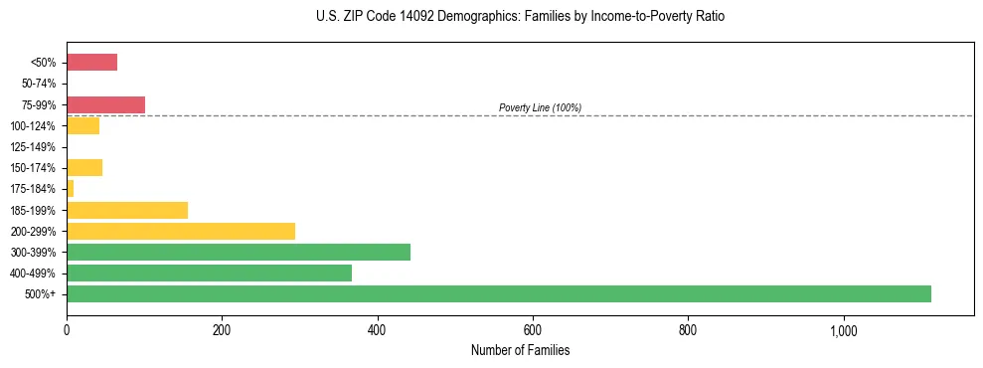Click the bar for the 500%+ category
click(498, 293)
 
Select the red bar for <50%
click(91, 63)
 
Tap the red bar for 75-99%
click(105, 104)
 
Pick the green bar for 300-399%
click(239, 252)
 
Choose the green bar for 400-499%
click(209, 273)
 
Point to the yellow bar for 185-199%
click(127, 210)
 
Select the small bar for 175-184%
click(71, 188)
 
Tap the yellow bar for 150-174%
click(84, 167)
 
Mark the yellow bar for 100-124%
click(82, 125)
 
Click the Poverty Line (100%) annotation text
click(540, 107)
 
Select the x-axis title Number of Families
click(520, 350)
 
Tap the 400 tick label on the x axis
click(377, 330)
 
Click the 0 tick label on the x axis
click(67, 330)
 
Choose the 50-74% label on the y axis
click(40, 84)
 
